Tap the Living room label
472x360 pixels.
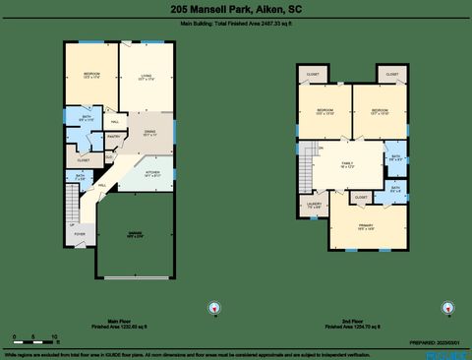click(x=147, y=76)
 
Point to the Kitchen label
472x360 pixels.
click(x=151, y=174)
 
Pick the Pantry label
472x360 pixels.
click(x=113, y=138)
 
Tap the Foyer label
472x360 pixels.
click(x=79, y=234)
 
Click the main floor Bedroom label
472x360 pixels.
click(x=90, y=77)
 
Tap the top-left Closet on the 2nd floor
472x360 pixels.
click(x=313, y=75)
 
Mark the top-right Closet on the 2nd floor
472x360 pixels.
click(x=391, y=75)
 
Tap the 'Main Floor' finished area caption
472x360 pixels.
click(x=120, y=323)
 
